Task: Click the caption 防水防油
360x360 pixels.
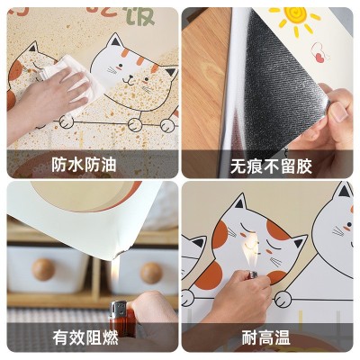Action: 91,165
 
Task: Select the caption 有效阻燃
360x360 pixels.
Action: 91,339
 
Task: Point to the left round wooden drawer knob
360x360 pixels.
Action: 44,269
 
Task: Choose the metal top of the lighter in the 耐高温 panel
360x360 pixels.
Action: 253,270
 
